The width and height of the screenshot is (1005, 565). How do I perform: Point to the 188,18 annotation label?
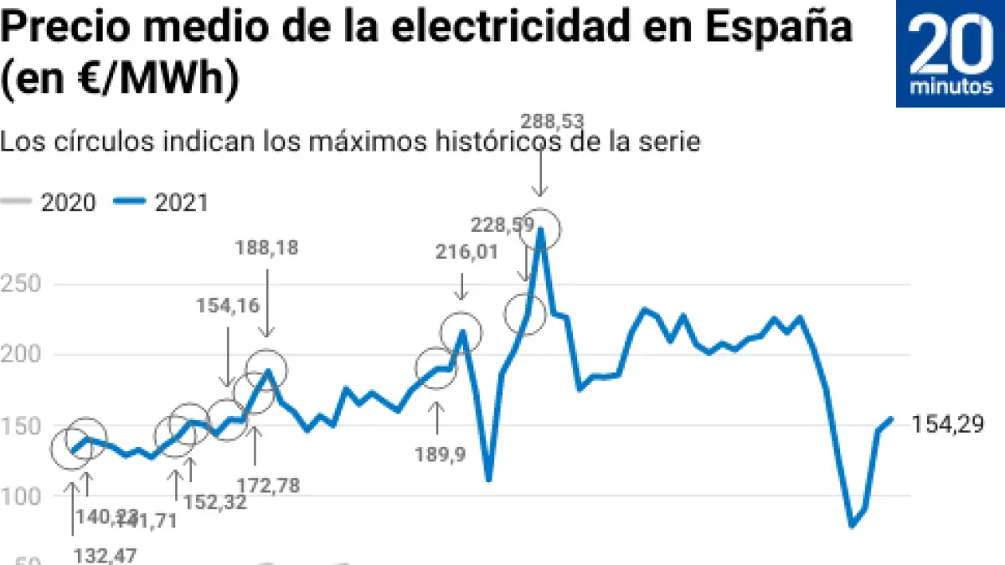coord(267,248)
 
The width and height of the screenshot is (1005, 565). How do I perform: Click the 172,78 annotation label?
coord(268,484)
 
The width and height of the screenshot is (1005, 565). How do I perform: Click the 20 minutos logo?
coord(951,54)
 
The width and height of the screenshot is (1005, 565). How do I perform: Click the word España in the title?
coord(778,27)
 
